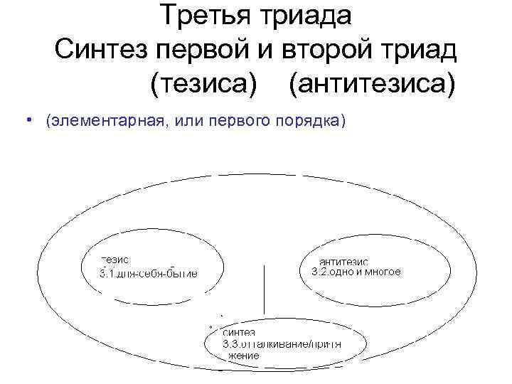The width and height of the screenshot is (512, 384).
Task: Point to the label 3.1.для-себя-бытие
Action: click(x=148, y=273)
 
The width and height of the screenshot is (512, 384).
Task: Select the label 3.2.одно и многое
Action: click(x=357, y=272)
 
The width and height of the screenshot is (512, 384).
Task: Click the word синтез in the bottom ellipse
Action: click(x=240, y=332)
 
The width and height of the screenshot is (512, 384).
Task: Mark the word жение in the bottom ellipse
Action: click(x=242, y=355)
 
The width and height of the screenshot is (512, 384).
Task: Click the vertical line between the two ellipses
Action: click(x=265, y=292)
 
